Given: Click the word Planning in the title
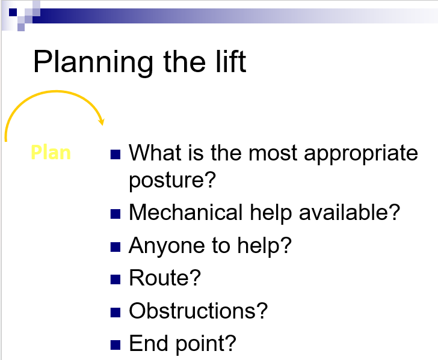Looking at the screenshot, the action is coord(94,63).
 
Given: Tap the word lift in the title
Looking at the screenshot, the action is coord(231,61).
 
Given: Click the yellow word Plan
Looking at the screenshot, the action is coord(51,153).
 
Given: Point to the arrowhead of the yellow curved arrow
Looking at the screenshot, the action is coord(102,122).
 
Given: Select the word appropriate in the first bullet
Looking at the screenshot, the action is coord(360,153).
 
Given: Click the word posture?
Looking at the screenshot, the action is coord(172,180).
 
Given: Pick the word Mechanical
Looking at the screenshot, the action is coord(186,212).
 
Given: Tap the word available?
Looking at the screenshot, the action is coord(350,212).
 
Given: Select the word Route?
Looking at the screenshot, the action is coord(165,278).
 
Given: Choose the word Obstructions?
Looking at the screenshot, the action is coord(199,311).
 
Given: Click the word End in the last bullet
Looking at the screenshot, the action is coord(149,343).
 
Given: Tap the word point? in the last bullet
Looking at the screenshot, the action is coord(206,344).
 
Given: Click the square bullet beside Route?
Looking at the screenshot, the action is coord(116,279).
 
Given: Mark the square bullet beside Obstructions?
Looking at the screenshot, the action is coord(116,313).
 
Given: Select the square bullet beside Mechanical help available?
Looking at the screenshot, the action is coord(116,214).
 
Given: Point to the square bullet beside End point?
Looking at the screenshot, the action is coord(116,345).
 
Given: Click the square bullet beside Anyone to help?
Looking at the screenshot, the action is coord(116,247).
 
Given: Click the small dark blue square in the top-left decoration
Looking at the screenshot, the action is coord(13,12).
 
